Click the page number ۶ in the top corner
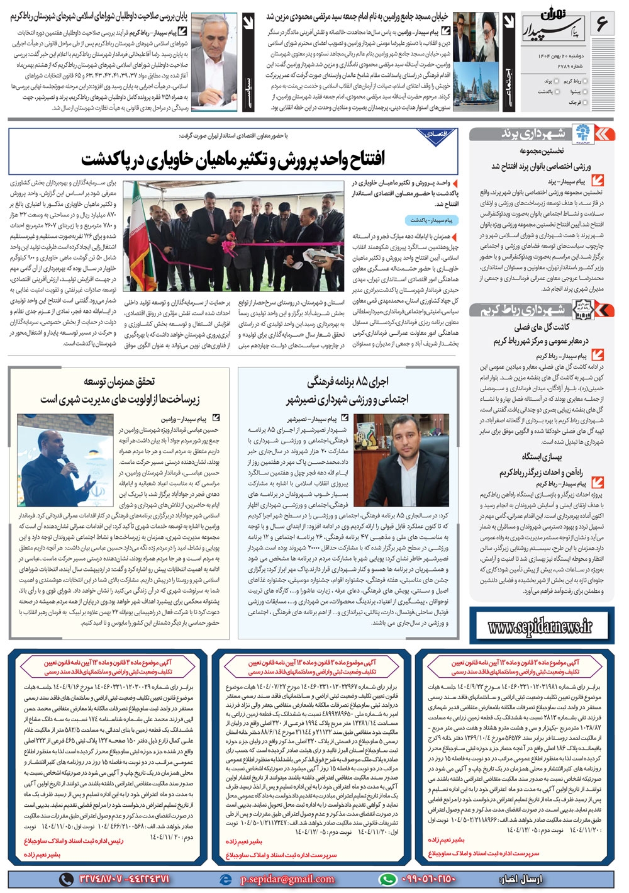point(602,24)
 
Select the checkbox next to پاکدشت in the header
point(556,92)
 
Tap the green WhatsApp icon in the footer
point(388,879)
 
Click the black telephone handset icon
point(66,879)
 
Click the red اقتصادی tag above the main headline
point(437,134)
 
